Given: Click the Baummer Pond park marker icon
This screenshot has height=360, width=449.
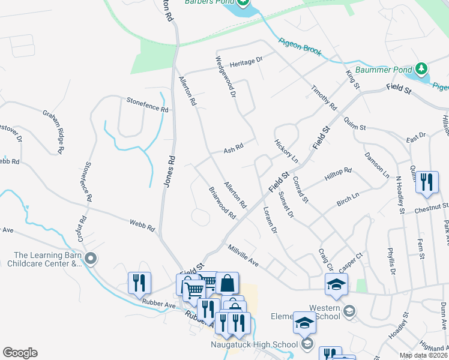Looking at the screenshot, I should (x=422, y=69).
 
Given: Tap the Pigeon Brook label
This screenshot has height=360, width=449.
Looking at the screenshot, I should (x=300, y=48).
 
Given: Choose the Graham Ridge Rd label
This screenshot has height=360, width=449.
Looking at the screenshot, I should (x=53, y=131).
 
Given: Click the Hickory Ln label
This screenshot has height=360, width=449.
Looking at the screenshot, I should (x=286, y=152).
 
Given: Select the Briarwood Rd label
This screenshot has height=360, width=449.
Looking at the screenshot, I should (x=222, y=202).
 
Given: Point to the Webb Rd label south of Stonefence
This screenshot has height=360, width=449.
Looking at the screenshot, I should (x=142, y=226).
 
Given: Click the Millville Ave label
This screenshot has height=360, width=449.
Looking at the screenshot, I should (x=243, y=254).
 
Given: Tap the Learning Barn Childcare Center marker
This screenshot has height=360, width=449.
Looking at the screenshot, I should (x=91, y=259).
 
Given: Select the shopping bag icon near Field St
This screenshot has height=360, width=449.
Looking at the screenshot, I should (x=228, y=283).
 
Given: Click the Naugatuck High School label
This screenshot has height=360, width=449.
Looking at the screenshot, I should (x=254, y=344).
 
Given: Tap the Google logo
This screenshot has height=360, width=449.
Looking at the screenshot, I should (x=20, y=353).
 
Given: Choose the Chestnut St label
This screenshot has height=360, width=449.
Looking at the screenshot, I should (x=432, y=208).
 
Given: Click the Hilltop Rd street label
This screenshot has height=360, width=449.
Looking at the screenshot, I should (x=338, y=175).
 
